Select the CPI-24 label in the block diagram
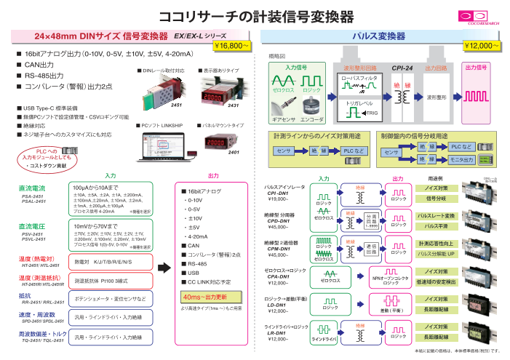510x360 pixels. click(x=402, y=68)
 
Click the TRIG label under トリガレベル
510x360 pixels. click(x=370, y=113)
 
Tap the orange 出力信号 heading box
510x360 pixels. click(x=477, y=68)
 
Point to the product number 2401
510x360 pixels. click(x=234, y=153)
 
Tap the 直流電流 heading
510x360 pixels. click(x=31, y=189)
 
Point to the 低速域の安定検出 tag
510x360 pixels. click(x=437, y=281)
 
